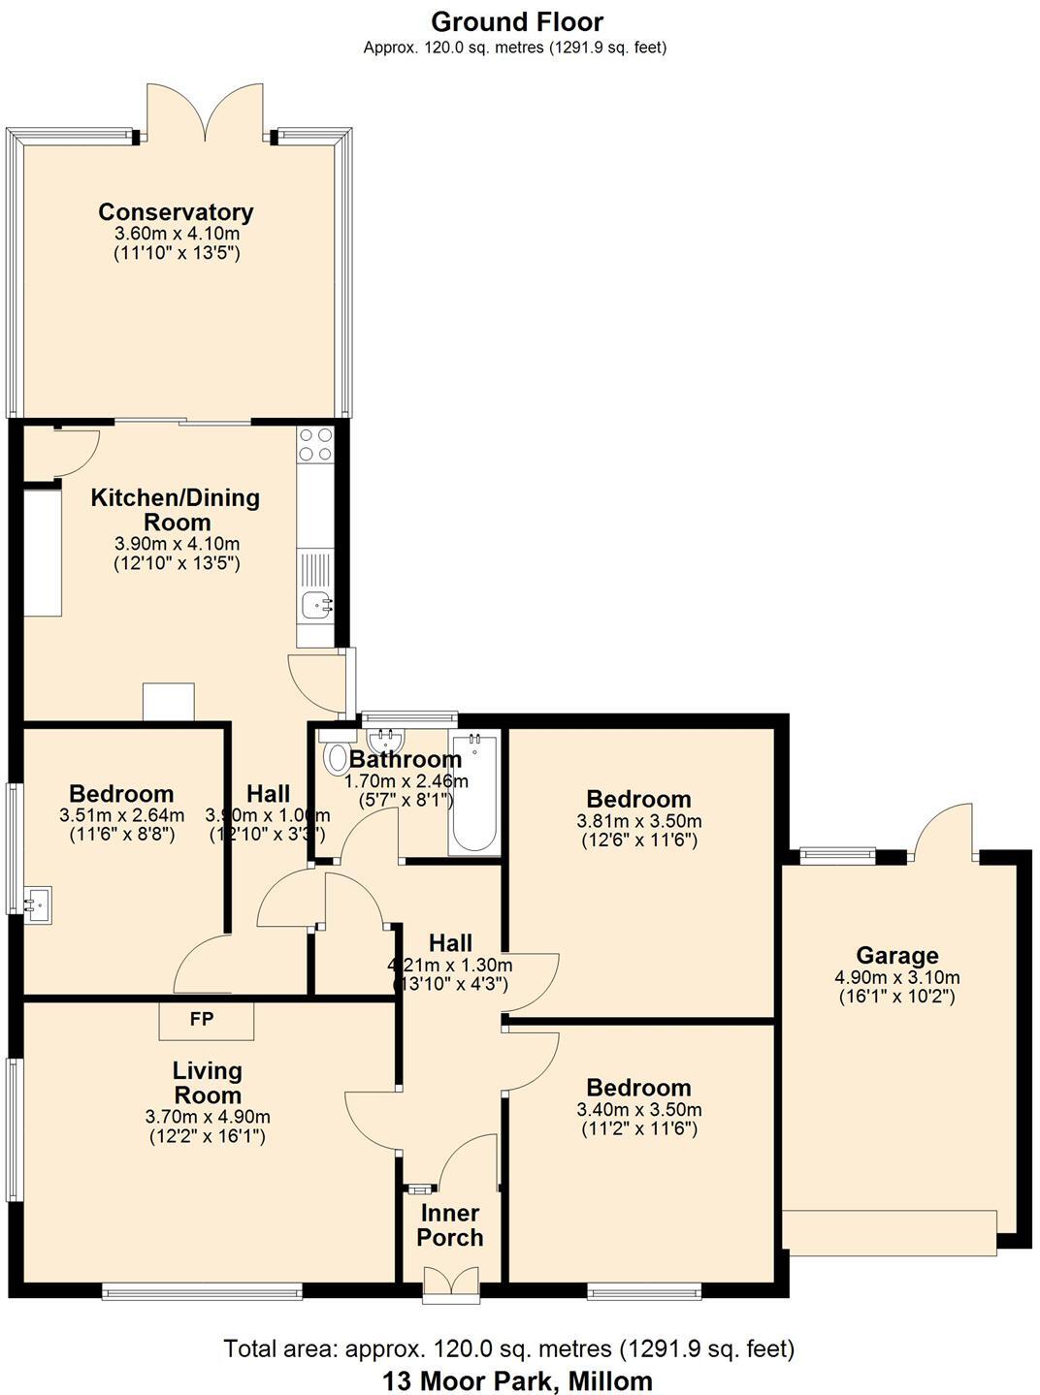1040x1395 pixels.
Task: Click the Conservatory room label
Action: pyautogui.click(x=176, y=212)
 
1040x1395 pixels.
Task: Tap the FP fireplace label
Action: pyautogui.click(x=202, y=1019)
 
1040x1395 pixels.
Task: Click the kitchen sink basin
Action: pyautogui.click(x=315, y=606)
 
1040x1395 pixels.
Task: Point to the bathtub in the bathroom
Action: pyautogui.click(x=474, y=794)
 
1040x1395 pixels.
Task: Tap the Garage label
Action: pyautogui.click(x=896, y=956)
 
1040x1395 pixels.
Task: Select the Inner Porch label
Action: pyautogui.click(x=449, y=1225)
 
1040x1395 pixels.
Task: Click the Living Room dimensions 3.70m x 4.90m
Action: pyautogui.click(x=207, y=1117)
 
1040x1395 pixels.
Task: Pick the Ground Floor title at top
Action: pyautogui.click(x=517, y=21)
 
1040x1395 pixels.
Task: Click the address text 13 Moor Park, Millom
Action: pyautogui.click(x=517, y=1380)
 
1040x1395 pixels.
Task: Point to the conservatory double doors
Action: pyautogui.click(x=205, y=111)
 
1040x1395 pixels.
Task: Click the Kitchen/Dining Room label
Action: pyautogui.click(x=176, y=509)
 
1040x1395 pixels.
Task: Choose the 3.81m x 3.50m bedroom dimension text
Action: pyautogui.click(x=638, y=821)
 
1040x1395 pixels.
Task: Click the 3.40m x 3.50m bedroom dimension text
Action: pyautogui.click(x=638, y=1110)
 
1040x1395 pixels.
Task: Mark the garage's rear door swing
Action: pyautogui.click(x=944, y=832)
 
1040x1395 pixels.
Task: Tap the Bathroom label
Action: pyautogui.click(x=406, y=759)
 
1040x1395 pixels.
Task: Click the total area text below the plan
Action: pyautogui.click(x=509, y=1348)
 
